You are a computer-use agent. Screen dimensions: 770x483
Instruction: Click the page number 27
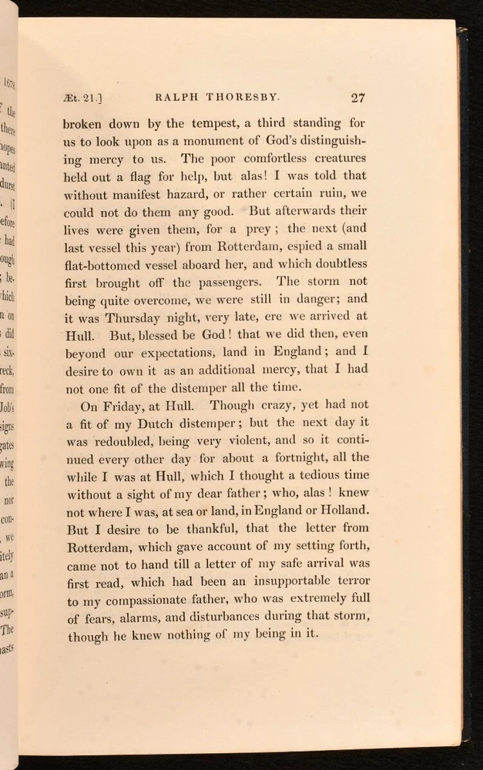tap(357, 98)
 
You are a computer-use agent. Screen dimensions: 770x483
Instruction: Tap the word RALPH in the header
tap(178, 99)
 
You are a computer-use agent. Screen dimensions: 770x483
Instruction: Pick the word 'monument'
tap(215, 142)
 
